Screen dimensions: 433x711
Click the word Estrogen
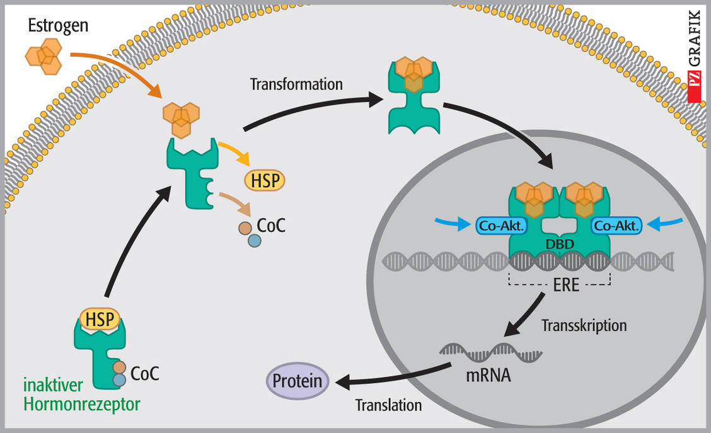(x=58, y=26)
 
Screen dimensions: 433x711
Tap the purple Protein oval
(x=298, y=381)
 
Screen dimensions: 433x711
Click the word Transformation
(x=296, y=84)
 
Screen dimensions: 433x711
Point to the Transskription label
(x=584, y=326)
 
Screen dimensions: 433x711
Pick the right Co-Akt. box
(x=616, y=224)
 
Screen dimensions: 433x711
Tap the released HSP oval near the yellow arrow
(x=264, y=180)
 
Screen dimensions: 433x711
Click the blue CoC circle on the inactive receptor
(x=118, y=380)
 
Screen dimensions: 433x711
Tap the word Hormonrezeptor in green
(x=82, y=404)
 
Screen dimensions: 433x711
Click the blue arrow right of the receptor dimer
(x=667, y=222)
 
